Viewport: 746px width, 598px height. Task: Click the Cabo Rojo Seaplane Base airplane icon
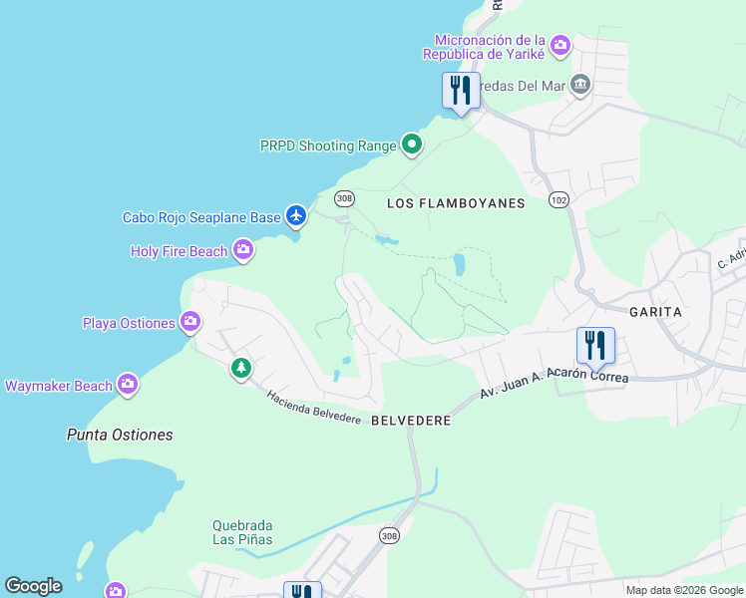tap(296, 215)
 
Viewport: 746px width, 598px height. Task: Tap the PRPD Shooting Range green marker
tap(412, 146)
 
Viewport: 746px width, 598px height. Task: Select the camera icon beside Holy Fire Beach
tap(243, 250)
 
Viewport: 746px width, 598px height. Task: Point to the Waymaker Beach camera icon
tap(127, 385)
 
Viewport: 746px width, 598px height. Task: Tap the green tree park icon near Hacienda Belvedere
tap(240, 369)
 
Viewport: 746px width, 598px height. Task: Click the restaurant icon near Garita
tap(595, 345)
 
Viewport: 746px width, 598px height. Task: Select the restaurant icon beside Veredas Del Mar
tap(461, 90)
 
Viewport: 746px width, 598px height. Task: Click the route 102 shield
tap(558, 200)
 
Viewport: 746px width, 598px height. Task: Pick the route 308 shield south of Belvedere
tap(389, 536)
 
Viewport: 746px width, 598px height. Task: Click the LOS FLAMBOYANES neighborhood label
tap(455, 203)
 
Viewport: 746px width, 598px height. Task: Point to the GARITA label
tap(655, 312)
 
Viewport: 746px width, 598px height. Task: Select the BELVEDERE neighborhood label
tap(411, 422)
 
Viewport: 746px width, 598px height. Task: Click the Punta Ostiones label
tap(119, 435)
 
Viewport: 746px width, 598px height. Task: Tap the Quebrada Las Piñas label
tap(242, 532)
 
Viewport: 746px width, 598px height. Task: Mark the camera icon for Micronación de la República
tap(560, 45)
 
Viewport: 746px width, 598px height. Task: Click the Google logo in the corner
tap(33, 586)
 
